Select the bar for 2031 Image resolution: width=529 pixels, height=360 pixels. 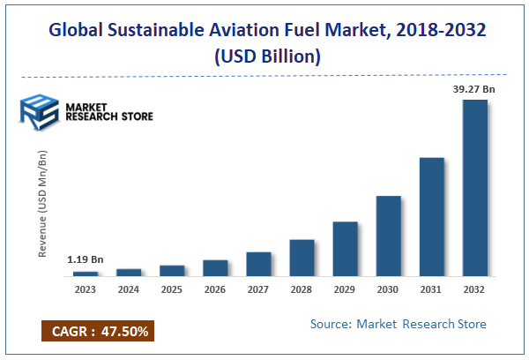[432, 217]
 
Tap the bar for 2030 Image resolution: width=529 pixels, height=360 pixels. [389, 236]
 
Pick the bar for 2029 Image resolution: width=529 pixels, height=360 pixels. [346, 249]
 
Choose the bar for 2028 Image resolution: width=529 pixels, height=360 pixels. [302, 258]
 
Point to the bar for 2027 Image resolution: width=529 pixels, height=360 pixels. [259, 264]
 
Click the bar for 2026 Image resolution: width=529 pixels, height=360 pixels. [216, 268]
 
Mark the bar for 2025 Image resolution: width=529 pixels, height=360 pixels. [173, 271]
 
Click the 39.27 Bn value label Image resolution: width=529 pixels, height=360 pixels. [474, 89]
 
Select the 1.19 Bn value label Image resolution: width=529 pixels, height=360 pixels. [86, 260]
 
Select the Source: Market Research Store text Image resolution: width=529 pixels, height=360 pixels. [398, 325]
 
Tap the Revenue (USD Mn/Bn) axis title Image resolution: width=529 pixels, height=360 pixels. [42, 204]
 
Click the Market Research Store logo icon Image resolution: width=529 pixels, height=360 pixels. [37, 112]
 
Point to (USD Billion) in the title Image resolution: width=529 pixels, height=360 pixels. [264, 56]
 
